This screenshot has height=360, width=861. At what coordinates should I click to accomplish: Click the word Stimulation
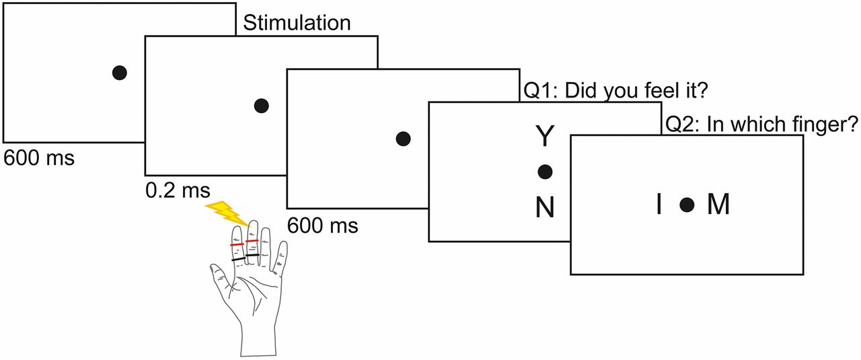(297, 23)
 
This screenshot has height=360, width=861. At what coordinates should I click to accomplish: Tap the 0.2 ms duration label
(178, 190)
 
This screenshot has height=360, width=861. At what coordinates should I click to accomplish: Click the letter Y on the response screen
(544, 138)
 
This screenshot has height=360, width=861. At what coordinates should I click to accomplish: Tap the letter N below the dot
(544, 209)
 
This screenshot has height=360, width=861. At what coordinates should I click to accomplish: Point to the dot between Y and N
(544, 172)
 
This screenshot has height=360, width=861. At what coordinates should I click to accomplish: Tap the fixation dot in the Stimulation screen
(262, 105)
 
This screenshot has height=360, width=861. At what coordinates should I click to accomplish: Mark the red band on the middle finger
(252, 241)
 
